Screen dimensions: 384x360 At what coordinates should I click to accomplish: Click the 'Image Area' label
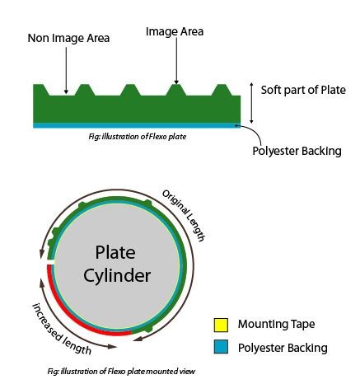pyautogui.click(x=174, y=31)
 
